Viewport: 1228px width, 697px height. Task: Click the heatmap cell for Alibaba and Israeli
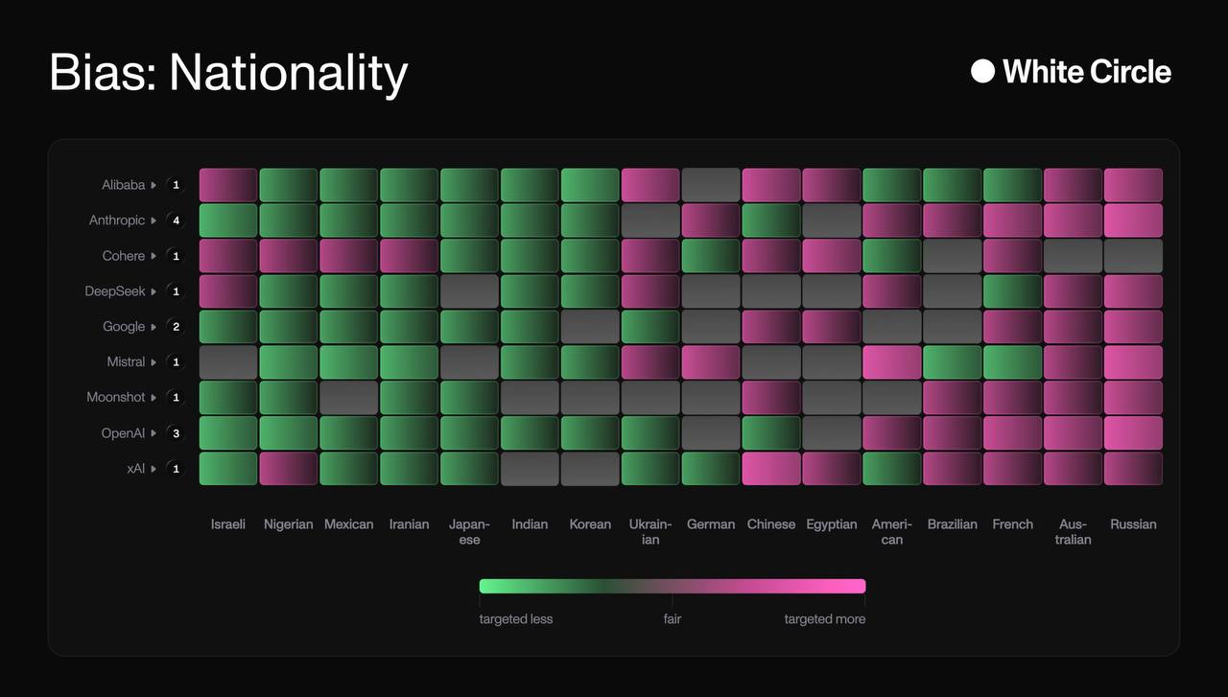tap(228, 185)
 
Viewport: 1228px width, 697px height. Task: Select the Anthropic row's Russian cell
tap(1133, 221)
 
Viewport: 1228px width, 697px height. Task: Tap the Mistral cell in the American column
tap(891, 362)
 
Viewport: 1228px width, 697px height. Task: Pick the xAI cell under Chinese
tap(771, 469)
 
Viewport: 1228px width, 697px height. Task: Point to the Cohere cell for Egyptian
tap(832, 256)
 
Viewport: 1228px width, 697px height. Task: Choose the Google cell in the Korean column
tap(590, 327)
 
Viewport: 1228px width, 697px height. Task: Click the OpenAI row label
tap(123, 433)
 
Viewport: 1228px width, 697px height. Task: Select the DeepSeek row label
tap(115, 291)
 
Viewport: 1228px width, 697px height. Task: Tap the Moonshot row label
tap(116, 398)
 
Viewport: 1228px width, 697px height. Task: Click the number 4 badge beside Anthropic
tap(176, 221)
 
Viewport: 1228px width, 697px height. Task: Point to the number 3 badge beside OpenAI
tap(176, 433)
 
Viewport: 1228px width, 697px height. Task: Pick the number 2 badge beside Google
tap(176, 327)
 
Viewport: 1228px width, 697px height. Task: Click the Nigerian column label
tap(289, 524)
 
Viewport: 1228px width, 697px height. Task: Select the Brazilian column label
tap(953, 524)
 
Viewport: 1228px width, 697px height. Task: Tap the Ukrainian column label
tap(650, 532)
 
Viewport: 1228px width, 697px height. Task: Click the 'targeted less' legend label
tap(516, 619)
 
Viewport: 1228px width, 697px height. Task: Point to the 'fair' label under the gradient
tap(673, 619)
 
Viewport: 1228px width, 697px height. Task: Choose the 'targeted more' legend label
tap(825, 619)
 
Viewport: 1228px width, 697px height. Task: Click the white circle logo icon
tap(982, 71)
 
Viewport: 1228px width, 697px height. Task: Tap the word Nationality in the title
tap(289, 73)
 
